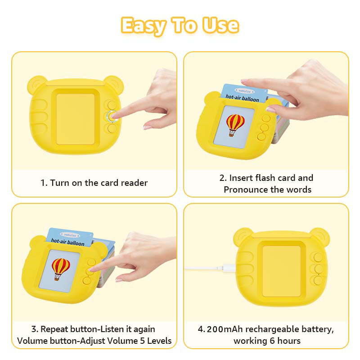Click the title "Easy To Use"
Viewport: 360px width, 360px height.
coord(180,26)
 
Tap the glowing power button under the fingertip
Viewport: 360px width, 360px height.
coord(111,116)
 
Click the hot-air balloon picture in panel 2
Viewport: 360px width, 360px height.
coord(235,124)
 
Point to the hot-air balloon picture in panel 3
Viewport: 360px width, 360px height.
coord(61,269)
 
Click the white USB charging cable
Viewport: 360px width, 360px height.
coord(207,269)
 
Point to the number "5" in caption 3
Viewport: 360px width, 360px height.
coord(142,341)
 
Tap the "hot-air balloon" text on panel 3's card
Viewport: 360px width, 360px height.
coord(67,243)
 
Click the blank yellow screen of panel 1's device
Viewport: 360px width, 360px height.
coord(75,118)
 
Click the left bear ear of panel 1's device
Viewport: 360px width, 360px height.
coord(36,83)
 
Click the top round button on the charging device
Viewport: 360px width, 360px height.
coord(318,257)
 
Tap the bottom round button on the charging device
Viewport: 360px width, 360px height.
coord(318,280)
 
